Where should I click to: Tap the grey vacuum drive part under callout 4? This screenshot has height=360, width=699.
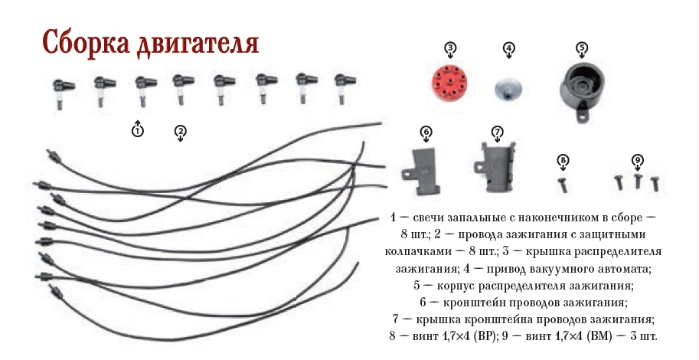click(x=508, y=87)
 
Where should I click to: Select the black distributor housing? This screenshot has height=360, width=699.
click(x=581, y=90)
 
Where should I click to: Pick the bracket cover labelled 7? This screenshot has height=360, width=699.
click(x=495, y=167)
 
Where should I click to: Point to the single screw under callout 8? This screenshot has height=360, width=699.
click(x=562, y=185)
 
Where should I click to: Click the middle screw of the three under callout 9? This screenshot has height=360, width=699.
click(x=638, y=182)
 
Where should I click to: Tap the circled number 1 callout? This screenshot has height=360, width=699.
click(x=138, y=130)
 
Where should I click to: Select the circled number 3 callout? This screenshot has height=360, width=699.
click(x=450, y=47)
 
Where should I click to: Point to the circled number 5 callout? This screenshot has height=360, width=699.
click(x=582, y=47)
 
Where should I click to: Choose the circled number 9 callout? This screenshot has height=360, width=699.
click(x=638, y=159)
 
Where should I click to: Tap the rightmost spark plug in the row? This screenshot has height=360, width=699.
click(x=345, y=88)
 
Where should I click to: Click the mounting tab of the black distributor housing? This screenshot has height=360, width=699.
click(x=580, y=117)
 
